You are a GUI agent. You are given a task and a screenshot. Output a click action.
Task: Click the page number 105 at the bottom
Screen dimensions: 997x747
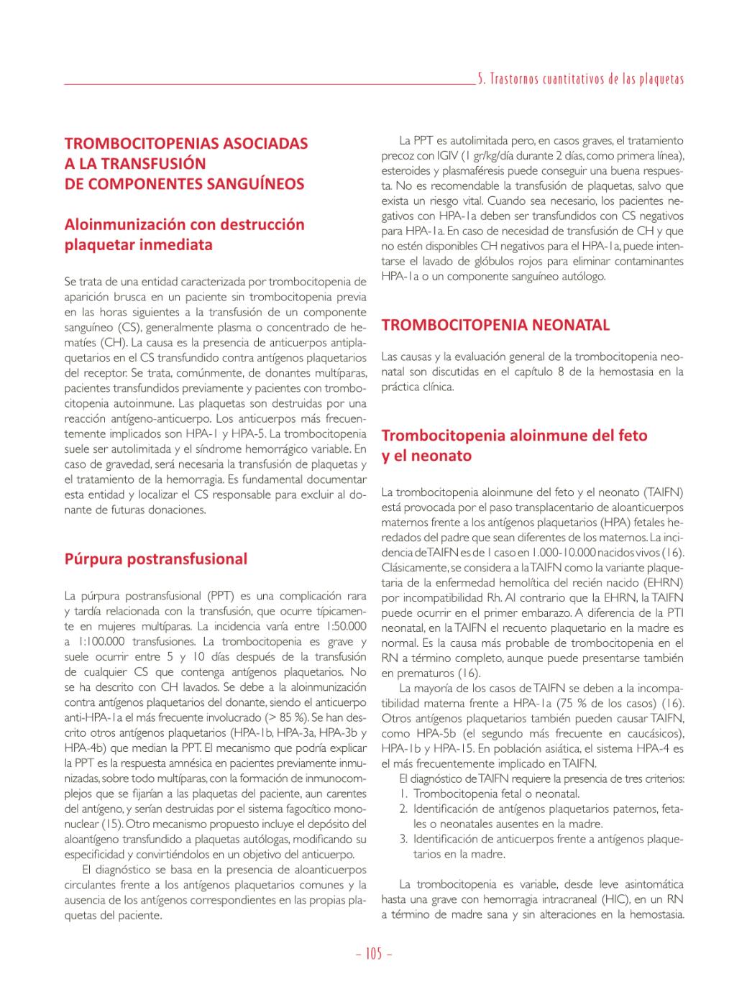pyautogui.click(x=374, y=955)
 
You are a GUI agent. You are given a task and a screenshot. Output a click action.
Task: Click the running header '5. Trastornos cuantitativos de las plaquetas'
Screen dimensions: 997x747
pyautogui.click(x=581, y=79)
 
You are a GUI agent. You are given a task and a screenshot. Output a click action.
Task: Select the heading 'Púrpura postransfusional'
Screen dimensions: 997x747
pyautogui.click(x=156, y=559)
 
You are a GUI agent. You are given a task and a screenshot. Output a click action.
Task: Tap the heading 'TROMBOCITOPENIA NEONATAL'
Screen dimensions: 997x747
pyautogui.click(x=495, y=325)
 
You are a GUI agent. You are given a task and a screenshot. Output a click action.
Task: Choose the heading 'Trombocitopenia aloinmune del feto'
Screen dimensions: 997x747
pyautogui.click(x=514, y=436)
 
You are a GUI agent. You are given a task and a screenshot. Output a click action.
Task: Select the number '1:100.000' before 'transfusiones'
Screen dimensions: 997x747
pyautogui.click(x=99, y=641)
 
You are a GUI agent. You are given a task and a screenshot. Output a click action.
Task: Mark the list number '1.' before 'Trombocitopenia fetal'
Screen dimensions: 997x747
pyautogui.click(x=403, y=794)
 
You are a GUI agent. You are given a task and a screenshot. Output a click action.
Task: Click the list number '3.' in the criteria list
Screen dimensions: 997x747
pyautogui.click(x=403, y=840)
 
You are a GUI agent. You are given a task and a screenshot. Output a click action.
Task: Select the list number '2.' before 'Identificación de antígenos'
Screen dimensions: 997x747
pyautogui.click(x=403, y=809)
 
